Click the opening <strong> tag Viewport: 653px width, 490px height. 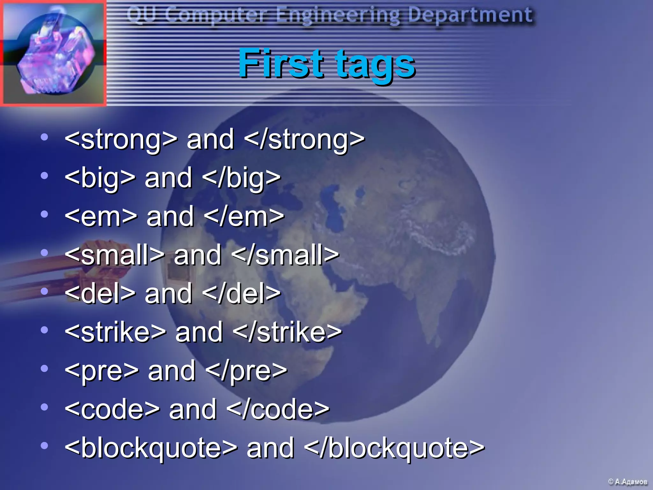(121, 139)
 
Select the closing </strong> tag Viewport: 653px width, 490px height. (304, 139)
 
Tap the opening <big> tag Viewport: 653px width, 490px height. (100, 178)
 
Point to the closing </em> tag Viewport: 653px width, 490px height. (244, 217)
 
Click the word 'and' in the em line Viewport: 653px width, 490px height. (170, 217)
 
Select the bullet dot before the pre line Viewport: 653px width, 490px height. (44, 369)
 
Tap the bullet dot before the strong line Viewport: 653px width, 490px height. (44, 137)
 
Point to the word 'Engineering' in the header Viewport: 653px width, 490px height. (338, 15)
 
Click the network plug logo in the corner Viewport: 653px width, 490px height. (53, 53)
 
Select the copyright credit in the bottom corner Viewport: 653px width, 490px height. (627, 482)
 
